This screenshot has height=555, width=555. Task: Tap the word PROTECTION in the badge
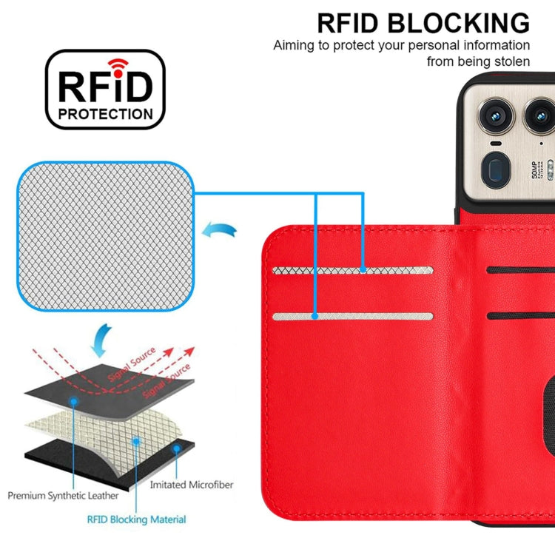coord(105,114)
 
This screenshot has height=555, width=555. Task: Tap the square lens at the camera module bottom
coord(494,167)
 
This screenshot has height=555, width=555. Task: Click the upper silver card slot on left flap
coord(352,271)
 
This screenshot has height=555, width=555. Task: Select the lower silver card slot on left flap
coord(352,317)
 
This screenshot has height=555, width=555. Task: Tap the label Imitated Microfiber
coord(191,485)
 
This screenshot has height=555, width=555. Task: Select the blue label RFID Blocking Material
coord(137,519)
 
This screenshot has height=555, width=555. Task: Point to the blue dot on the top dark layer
coord(74,400)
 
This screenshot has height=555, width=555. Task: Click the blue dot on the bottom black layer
coord(176,448)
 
